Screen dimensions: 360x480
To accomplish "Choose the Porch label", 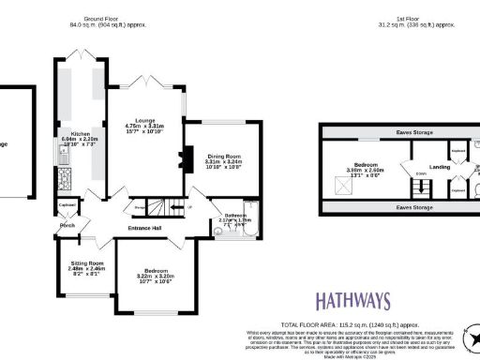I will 67,225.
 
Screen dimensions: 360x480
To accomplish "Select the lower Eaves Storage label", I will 412,205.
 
